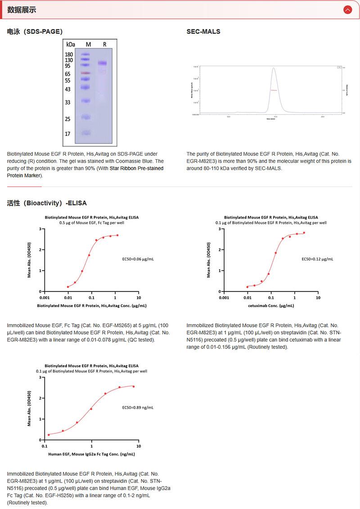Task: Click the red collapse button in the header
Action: [347, 9]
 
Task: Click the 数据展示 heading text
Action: [22, 10]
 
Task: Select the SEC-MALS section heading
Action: [203, 31]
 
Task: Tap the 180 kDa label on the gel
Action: [69, 54]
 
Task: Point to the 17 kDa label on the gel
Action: [68, 134]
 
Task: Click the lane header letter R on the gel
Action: [104, 44]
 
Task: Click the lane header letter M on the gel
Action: [88, 44]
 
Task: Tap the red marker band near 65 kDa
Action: [86, 73]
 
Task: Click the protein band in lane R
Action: [102, 63]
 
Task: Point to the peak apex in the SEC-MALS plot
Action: [273, 68]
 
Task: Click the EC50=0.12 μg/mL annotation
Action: [317, 259]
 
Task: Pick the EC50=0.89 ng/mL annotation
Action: [138, 408]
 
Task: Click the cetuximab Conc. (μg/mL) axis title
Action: [271, 306]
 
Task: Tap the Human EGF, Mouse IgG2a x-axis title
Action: [91, 454]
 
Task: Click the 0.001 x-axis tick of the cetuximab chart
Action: [224, 298]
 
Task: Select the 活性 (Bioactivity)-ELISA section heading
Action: [47, 203]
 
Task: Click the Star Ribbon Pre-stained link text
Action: [137, 168]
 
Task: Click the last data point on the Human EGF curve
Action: [134, 387]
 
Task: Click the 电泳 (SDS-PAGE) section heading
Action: [35, 31]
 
